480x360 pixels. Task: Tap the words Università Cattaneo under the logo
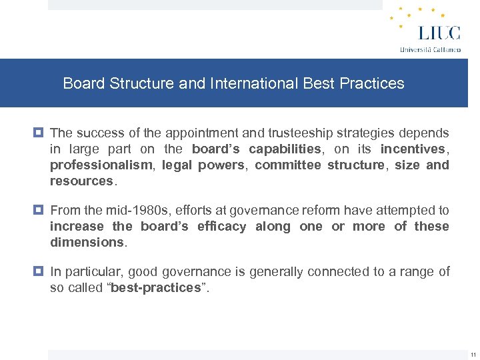(430, 49)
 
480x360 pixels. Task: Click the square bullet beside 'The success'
(40, 133)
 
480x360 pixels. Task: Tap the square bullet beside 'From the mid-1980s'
(40, 210)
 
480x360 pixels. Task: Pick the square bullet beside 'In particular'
(40, 271)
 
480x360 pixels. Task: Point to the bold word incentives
(412, 149)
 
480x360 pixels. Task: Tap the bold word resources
(81, 181)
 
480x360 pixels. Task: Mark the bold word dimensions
(87, 242)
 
